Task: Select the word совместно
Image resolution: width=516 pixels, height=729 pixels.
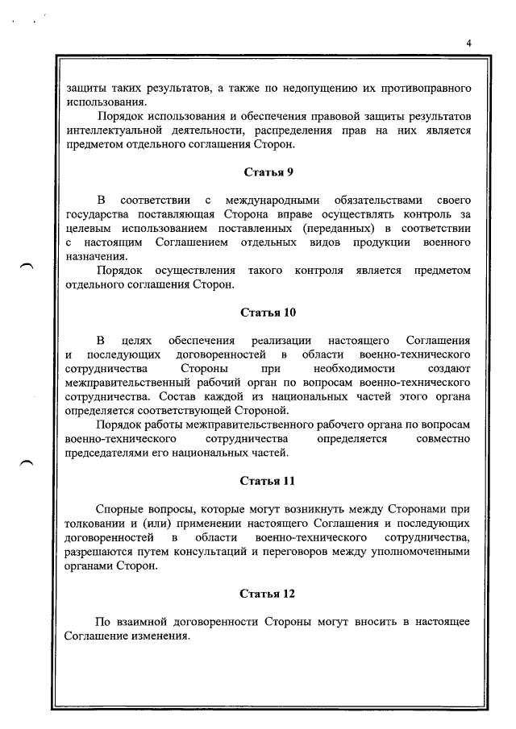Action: (443, 439)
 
